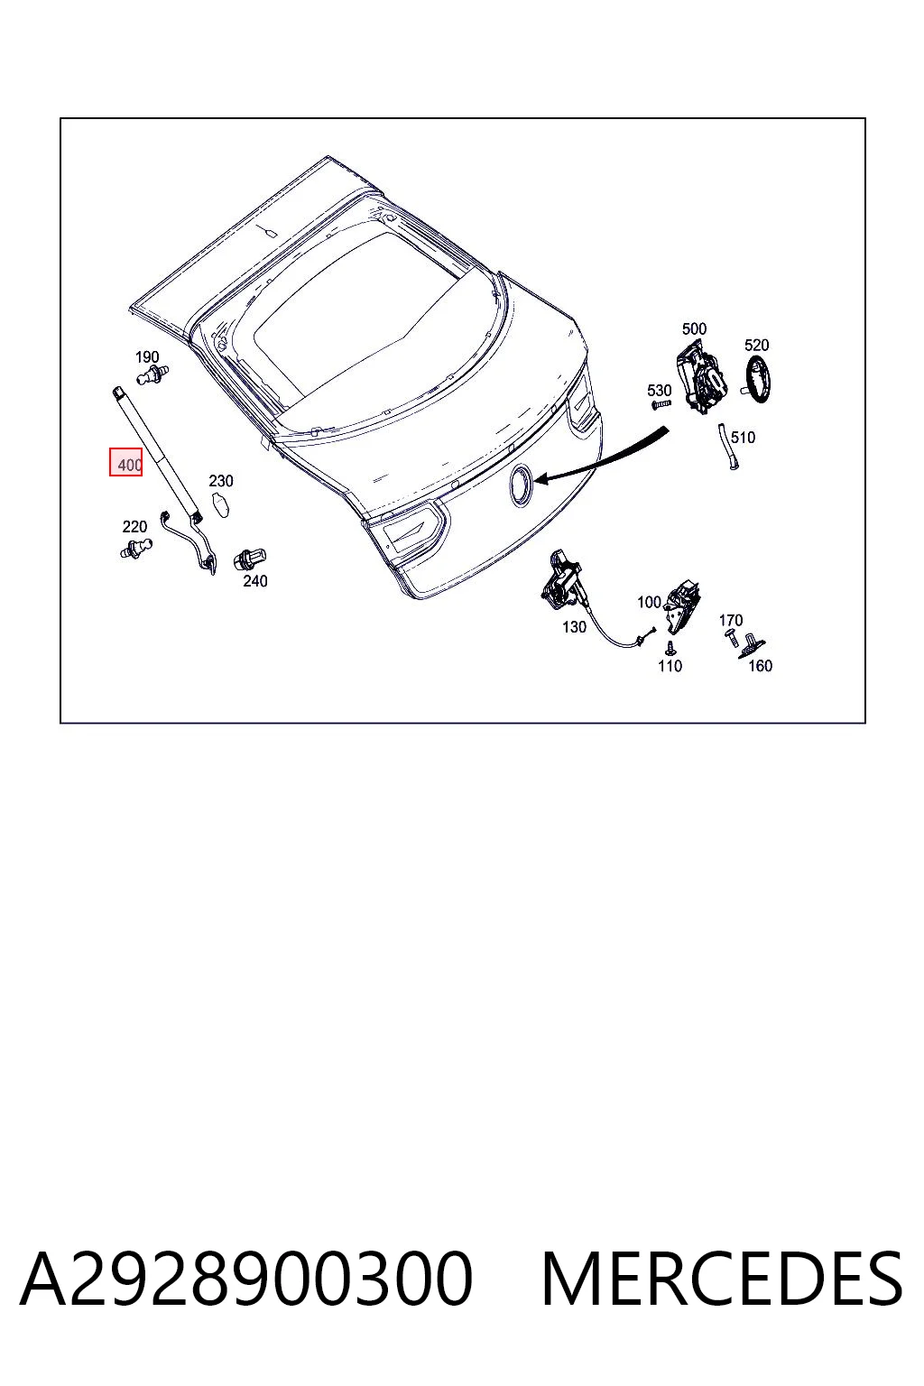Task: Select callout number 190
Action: [147, 357]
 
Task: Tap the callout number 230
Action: [221, 481]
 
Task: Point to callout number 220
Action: [134, 527]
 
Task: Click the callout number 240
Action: [255, 581]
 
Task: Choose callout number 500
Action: [694, 328]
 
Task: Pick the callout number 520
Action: [756, 346]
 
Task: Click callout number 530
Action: [659, 391]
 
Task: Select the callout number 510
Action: [743, 438]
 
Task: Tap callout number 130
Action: [574, 627]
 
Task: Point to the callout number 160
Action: [760, 666]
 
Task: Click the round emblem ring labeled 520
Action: [758, 380]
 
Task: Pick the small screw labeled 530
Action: [661, 404]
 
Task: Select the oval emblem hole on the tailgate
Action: [520, 486]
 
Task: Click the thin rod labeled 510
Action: [728, 447]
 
